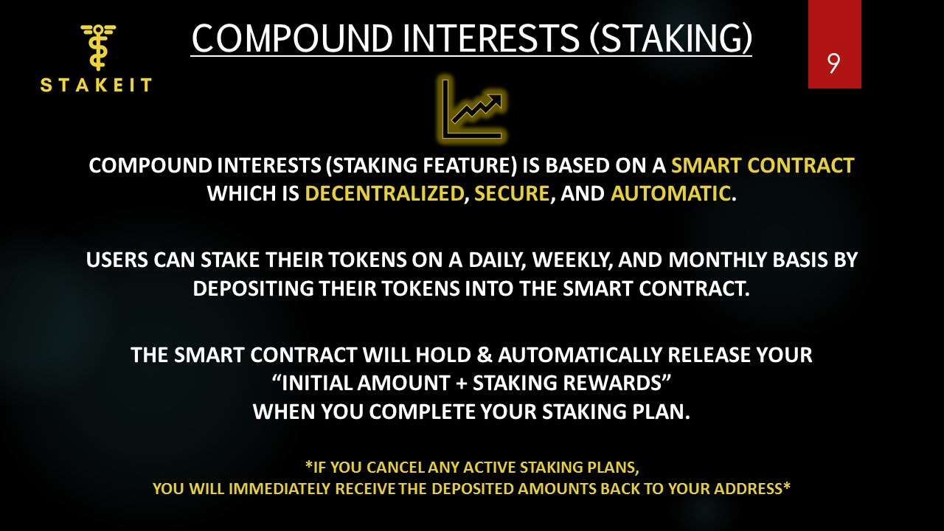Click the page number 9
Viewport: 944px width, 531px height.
click(833, 63)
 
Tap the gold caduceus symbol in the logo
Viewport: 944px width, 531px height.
click(98, 47)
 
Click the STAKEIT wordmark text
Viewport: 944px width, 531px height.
click(96, 85)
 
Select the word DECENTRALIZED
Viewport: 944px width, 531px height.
click(384, 194)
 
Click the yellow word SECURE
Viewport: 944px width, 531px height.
click(512, 194)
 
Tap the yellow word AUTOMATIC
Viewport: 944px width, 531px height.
click(670, 194)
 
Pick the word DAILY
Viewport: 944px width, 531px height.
click(496, 260)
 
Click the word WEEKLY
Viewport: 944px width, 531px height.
click(572, 260)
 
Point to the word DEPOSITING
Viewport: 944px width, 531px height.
click(253, 288)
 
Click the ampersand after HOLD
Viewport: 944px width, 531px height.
click(485, 355)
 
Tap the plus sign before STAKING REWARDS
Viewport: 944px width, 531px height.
click(462, 383)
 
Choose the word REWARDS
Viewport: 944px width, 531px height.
click(611, 383)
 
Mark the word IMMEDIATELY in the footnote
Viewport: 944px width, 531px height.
click(279, 489)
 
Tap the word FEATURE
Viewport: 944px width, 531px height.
click(467, 165)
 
